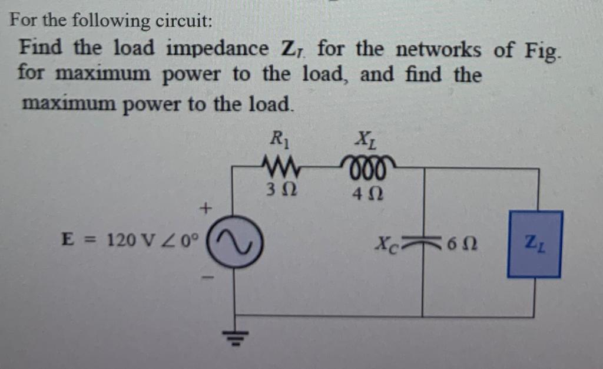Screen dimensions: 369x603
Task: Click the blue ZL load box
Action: coord(535,243)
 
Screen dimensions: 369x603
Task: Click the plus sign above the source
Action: coord(206,207)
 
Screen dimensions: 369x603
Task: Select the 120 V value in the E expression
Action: coord(124,240)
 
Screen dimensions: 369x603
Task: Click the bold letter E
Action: coord(68,240)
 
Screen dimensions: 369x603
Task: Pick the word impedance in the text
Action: coord(217,48)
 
